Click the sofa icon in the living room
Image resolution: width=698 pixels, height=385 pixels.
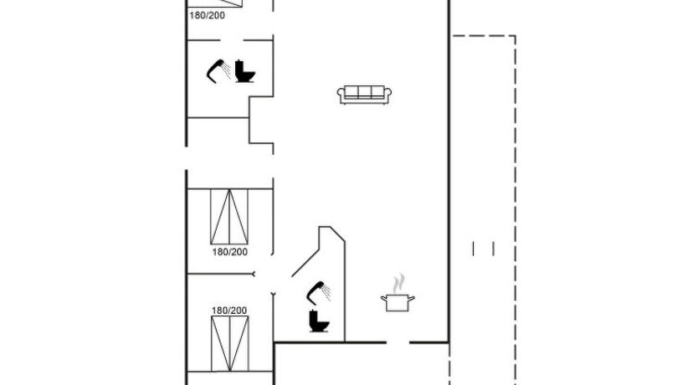[x=364, y=95]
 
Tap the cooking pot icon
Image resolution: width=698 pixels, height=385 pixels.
[x=398, y=302]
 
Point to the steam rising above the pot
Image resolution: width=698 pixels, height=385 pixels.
[x=400, y=283]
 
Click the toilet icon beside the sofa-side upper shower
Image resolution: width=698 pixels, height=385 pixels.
[x=245, y=71]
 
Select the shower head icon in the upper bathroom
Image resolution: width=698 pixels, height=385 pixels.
[x=218, y=71]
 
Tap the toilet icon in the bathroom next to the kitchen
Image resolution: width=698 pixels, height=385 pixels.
[x=319, y=321]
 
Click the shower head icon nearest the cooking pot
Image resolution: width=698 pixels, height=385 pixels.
[x=319, y=292]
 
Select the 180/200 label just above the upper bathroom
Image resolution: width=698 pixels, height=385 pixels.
[x=207, y=16]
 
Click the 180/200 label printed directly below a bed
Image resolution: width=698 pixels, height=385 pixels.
[x=229, y=252]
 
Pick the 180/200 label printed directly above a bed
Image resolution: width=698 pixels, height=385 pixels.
[x=228, y=311]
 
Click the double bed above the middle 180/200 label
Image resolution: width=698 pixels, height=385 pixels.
[x=229, y=217]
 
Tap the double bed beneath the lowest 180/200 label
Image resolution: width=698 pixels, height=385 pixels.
[x=229, y=344]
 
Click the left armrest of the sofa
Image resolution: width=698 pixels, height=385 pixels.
[x=341, y=94]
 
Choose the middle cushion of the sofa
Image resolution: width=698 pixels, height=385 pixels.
[x=364, y=92]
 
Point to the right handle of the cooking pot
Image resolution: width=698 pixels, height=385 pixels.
[x=412, y=298]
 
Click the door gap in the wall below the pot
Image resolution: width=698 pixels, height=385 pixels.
[x=398, y=342]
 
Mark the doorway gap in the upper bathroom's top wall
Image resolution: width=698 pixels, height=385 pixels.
[x=232, y=40]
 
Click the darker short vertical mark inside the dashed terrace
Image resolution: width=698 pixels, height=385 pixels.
[x=473, y=249]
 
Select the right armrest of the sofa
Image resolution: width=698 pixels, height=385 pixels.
[x=387, y=94]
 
